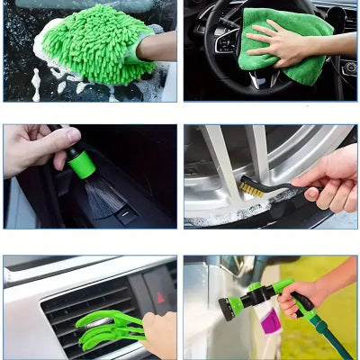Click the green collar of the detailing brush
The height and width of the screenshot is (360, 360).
[x=82, y=164]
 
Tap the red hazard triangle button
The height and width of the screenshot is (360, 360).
[x=161, y=296]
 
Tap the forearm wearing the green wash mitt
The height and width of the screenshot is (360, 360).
[x=158, y=46]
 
